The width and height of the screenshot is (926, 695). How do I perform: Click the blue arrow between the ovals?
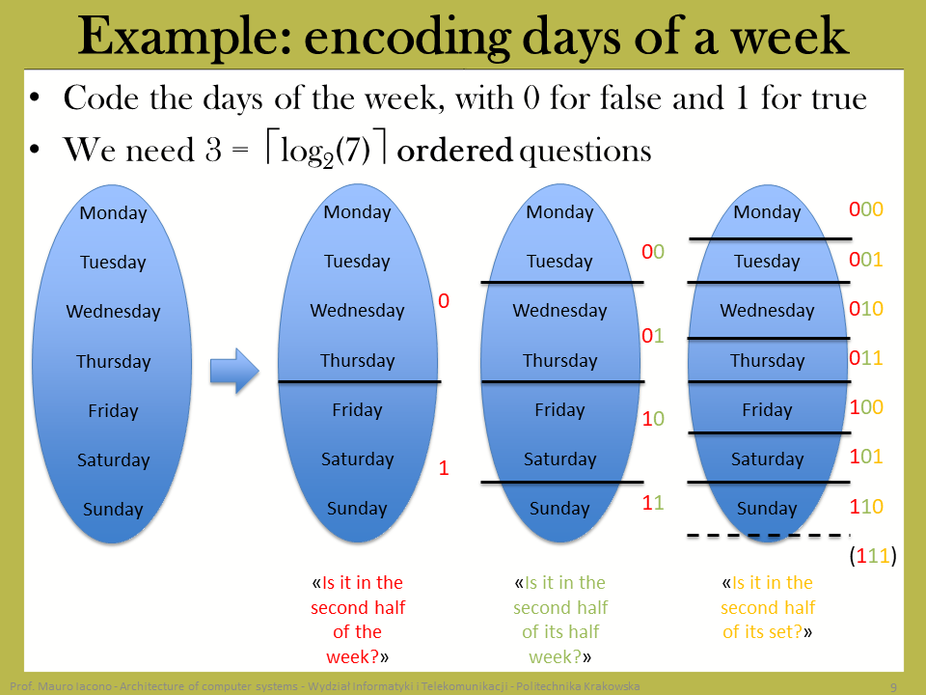pyautogui.click(x=234, y=371)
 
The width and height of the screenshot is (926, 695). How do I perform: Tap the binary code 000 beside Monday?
pyautogui.click(x=866, y=209)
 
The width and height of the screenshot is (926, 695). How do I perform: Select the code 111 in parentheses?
pyautogui.click(x=873, y=556)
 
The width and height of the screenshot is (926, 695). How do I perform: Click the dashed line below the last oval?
pyautogui.click(x=768, y=536)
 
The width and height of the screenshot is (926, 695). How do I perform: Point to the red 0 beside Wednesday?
pyautogui.click(x=444, y=301)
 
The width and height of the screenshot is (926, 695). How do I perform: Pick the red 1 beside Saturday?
pyautogui.click(x=444, y=468)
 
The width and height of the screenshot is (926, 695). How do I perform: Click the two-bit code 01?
pyautogui.click(x=653, y=336)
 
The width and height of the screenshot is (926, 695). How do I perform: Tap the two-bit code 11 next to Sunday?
pyautogui.click(x=653, y=503)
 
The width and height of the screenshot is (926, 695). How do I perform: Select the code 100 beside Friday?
pyautogui.click(x=866, y=406)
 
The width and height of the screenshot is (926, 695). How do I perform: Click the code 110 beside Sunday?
pyautogui.click(x=866, y=507)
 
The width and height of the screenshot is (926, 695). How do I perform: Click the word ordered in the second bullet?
pyautogui.click(x=454, y=151)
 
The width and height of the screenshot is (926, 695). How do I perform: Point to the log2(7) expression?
pyautogui.click(x=325, y=152)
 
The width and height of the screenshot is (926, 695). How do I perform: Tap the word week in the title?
pyautogui.click(x=790, y=37)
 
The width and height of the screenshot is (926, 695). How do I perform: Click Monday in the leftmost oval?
pyautogui.click(x=113, y=212)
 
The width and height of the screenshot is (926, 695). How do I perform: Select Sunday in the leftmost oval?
pyautogui.click(x=113, y=509)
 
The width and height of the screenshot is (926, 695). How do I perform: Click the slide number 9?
pyautogui.click(x=893, y=686)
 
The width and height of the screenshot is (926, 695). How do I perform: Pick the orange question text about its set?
pyautogui.click(x=767, y=607)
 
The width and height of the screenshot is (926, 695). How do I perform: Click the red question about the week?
pyautogui.click(x=357, y=620)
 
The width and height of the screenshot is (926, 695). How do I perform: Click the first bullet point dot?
pyautogui.click(x=36, y=97)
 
